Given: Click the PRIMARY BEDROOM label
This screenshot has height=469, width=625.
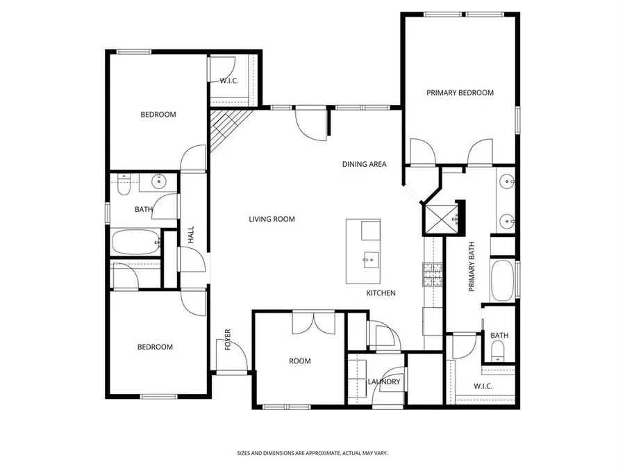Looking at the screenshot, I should click(460, 92).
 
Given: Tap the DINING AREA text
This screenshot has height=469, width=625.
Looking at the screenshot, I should click(364, 165).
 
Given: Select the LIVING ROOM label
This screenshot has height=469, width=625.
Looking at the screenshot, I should click(272, 220).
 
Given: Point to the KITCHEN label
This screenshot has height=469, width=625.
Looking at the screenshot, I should click(381, 293).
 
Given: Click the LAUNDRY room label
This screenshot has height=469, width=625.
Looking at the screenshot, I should click(383, 381).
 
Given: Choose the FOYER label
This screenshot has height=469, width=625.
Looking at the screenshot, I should click(227, 340).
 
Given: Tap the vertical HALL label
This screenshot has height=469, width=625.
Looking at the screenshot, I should click(190, 234).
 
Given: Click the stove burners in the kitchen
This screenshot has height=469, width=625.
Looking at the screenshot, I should click(433, 276).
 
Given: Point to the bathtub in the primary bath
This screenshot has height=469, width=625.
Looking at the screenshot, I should click(503, 280).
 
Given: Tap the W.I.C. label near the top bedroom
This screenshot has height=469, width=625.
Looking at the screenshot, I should click(229, 81).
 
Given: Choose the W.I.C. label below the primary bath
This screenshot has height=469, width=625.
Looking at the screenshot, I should click(483, 386).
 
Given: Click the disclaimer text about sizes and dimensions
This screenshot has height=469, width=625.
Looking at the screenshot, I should click(312, 452).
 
